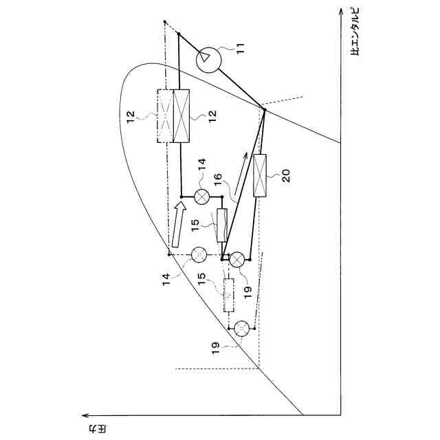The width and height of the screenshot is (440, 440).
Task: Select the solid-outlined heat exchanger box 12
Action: [x=181, y=116]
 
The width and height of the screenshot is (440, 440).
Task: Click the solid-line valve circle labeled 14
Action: [x=201, y=197]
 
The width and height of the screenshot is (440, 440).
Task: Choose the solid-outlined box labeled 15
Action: [x=222, y=225]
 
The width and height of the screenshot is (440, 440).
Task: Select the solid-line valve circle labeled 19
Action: [x=236, y=259]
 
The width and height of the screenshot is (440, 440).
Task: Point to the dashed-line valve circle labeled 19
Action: [x=241, y=329]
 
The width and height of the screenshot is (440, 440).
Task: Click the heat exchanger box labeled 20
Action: [x=261, y=177]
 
